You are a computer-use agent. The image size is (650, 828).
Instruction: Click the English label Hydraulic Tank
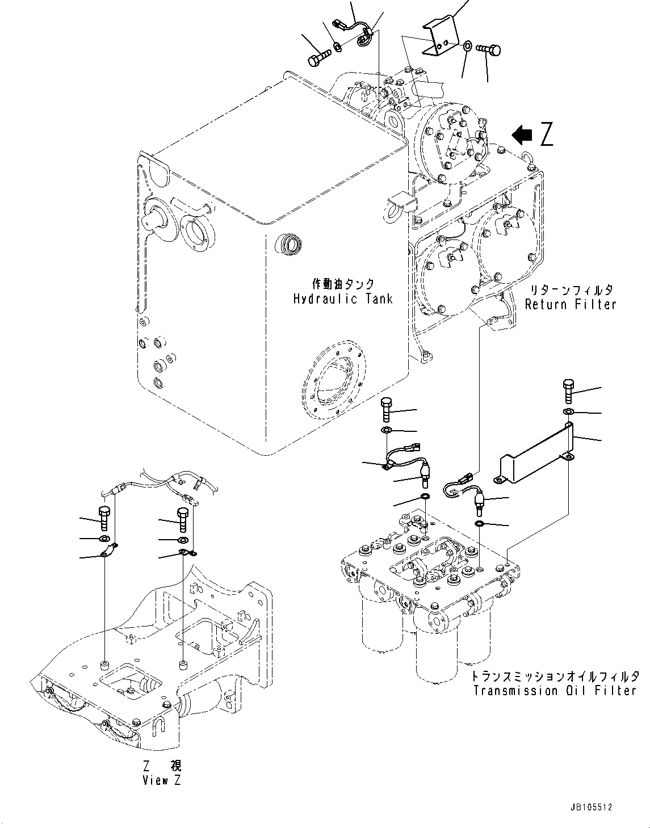(x=343, y=299)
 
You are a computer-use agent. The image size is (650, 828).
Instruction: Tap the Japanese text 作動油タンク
(x=343, y=284)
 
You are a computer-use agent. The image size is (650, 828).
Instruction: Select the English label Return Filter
(x=570, y=305)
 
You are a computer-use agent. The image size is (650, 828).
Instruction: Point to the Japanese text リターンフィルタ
(x=570, y=290)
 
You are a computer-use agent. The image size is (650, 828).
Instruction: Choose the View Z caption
(x=162, y=780)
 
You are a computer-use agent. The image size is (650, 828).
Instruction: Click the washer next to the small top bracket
(x=467, y=45)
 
